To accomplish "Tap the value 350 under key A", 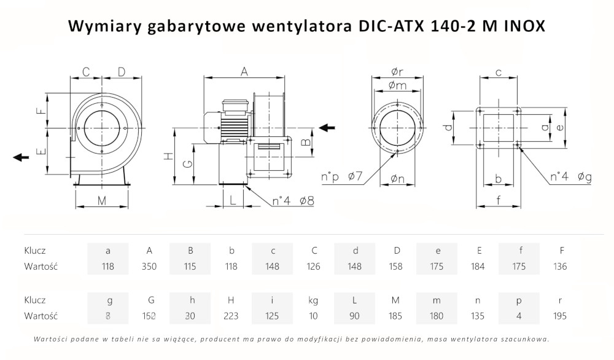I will [x=149, y=266].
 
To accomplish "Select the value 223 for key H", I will [x=231, y=316].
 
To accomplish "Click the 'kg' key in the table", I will [x=313, y=300].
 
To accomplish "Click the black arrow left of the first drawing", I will [x=21, y=157].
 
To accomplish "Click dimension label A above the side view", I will [x=244, y=72].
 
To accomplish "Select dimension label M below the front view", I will [x=102, y=200].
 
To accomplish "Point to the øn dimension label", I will [x=397, y=179].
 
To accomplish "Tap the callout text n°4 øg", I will [x=570, y=178].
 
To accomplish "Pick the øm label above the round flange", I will [x=397, y=85].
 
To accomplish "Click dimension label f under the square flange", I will [x=499, y=199].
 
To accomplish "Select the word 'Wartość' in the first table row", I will [x=41, y=266].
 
